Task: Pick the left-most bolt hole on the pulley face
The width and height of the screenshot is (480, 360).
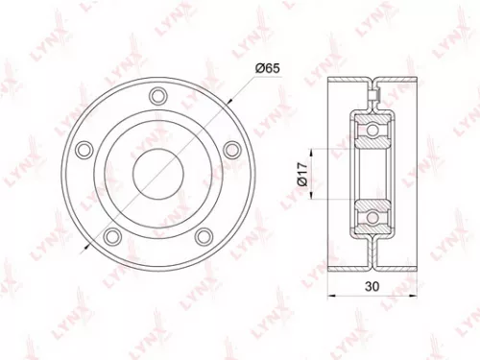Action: (x=84, y=148)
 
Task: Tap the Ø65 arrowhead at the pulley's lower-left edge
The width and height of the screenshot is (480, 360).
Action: (x=90, y=249)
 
